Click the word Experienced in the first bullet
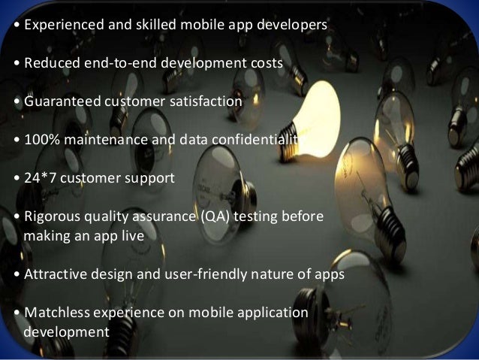pos(59,25)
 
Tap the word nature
pos(294,274)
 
